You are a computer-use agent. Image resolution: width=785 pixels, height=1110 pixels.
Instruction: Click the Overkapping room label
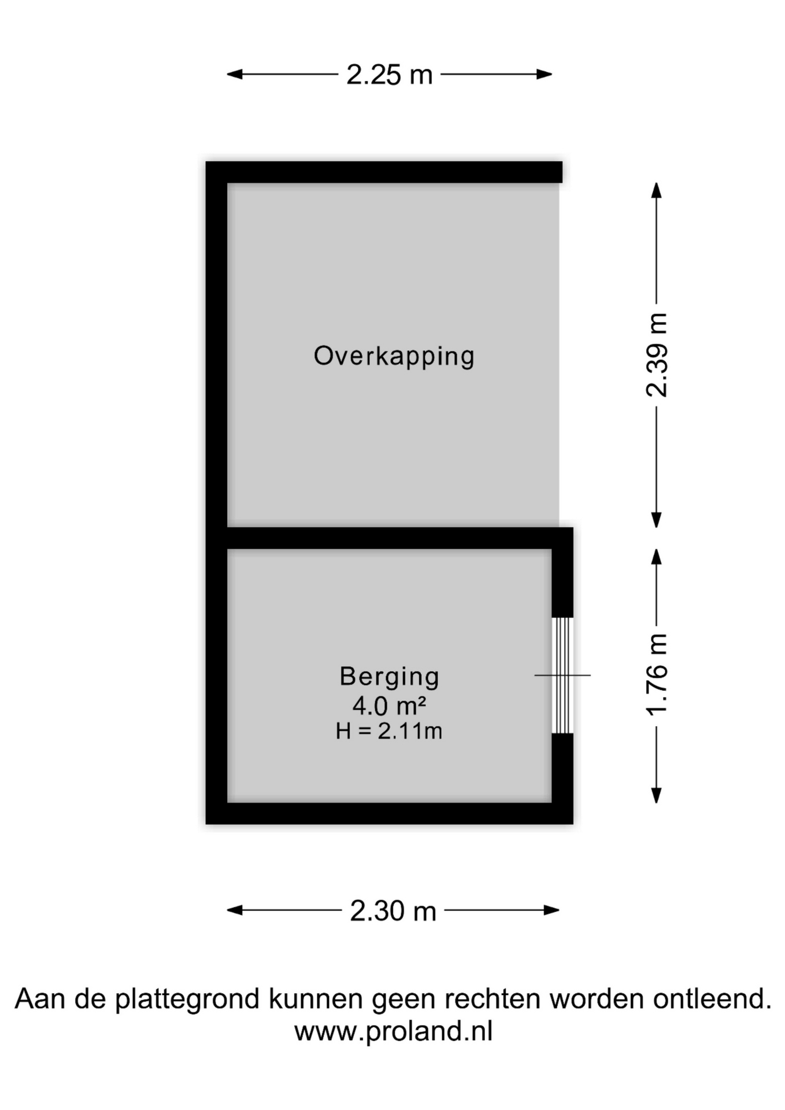pyautogui.click(x=394, y=356)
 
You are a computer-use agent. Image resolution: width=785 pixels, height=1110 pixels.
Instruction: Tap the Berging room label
pyautogui.click(x=390, y=677)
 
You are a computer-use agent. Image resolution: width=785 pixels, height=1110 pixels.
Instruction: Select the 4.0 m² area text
pyautogui.click(x=390, y=705)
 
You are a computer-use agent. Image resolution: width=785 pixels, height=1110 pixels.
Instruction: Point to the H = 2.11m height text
pyautogui.click(x=389, y=731)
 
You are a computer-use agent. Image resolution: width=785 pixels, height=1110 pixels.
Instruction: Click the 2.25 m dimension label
pyautogui.click(x=390, y=75)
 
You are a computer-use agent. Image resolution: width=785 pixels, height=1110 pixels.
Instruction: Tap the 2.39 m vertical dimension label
pyautogui.click(x=657, y=355)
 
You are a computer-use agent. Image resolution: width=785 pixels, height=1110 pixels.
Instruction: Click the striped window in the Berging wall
pyautogui.click(x=562, y=675)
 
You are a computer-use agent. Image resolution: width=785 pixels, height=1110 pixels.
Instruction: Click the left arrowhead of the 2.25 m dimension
pyautogui.click(x=234, y=74)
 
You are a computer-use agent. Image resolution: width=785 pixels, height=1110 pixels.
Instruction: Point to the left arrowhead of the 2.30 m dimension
pyautogui.click(x=234, y=910)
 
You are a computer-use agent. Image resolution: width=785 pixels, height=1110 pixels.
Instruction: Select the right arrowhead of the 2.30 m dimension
pyautogui.click(x=552, y=910)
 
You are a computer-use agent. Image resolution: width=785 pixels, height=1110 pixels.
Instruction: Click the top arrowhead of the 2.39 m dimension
pyautogui.click(x=656, y=190)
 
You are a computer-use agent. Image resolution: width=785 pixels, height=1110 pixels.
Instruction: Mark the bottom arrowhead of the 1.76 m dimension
pyautogui.click(x=656, y=796)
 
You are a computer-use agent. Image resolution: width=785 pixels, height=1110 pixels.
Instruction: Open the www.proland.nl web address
pyautogui.click(x=393, y=1031)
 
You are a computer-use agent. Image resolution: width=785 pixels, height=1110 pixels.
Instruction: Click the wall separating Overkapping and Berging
pyautogui.click(x=389, y=538)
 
